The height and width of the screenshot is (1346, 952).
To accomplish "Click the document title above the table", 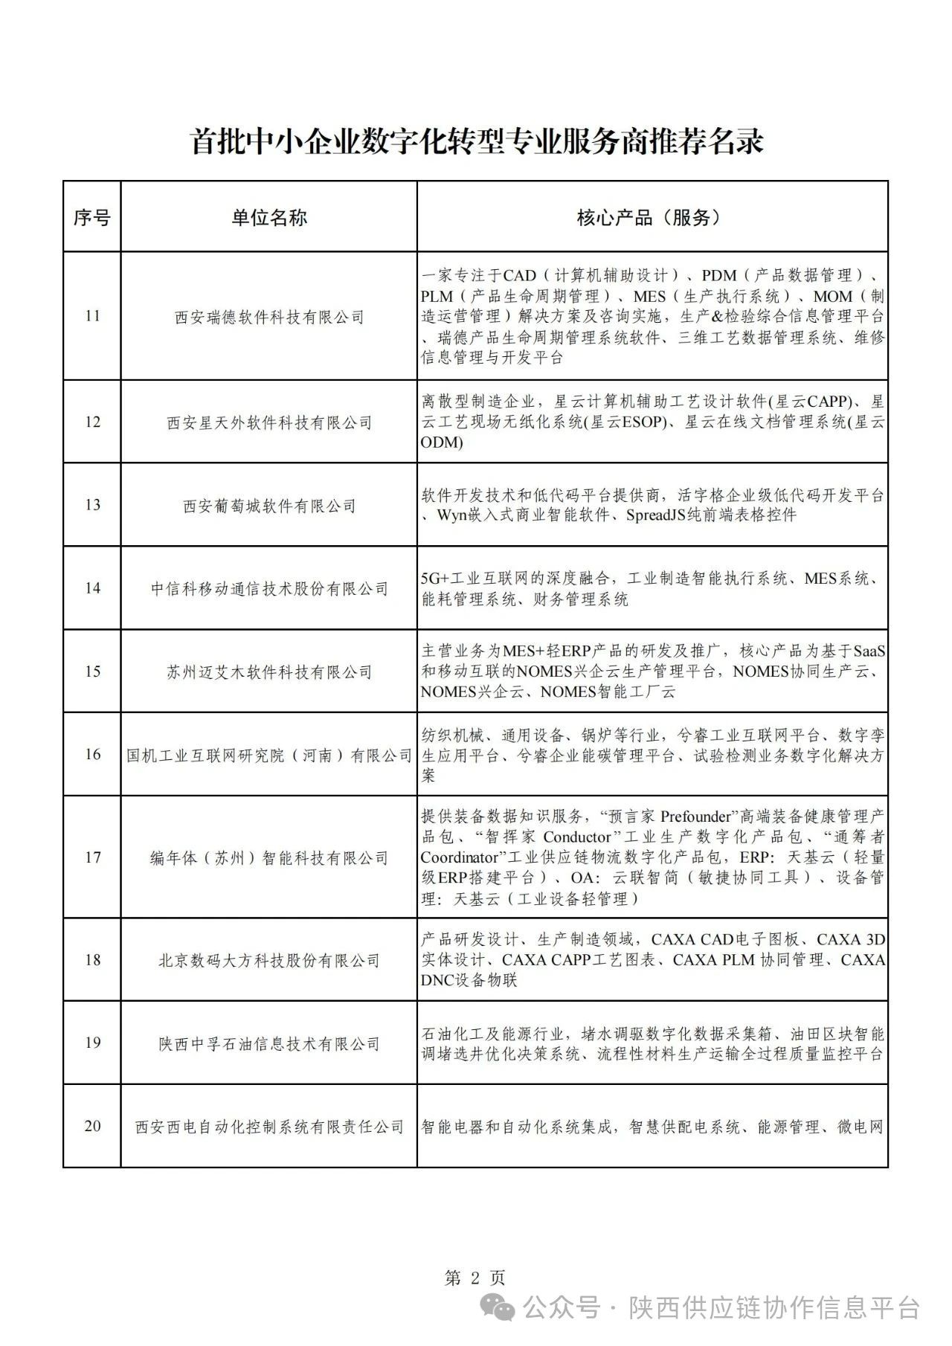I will tap(477, 141).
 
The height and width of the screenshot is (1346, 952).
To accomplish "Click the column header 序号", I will tap(91, 217).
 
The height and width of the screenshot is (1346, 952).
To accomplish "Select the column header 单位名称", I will tap(268, 217).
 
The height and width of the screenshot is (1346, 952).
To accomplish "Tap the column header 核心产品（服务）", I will tap(652, 217).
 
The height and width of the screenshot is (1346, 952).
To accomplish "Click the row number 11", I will tap(92, 316).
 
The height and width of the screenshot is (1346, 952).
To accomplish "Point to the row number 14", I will tap(92, 588).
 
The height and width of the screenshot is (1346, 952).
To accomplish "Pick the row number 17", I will tap(92, 857).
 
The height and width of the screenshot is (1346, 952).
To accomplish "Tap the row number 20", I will tap(92, 1126).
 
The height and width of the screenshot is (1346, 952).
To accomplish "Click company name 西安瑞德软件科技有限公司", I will tap(269, 318).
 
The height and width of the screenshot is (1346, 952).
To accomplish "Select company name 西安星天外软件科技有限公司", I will tap(269, 423).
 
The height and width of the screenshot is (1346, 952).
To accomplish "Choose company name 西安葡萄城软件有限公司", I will tap(269, 506).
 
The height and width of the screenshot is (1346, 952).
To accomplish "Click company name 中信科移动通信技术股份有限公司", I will tap(269, 589).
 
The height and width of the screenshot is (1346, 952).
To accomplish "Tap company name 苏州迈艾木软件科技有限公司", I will tap(269, 672).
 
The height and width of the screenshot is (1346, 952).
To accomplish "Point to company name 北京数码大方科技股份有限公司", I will tap(269, 961).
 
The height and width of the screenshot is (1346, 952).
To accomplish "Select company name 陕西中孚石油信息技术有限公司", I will tap(269, 1044).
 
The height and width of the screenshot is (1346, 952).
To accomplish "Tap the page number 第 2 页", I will tap(475, 1278).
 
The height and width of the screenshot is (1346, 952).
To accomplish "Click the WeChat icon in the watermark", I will tap(498, 1307).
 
